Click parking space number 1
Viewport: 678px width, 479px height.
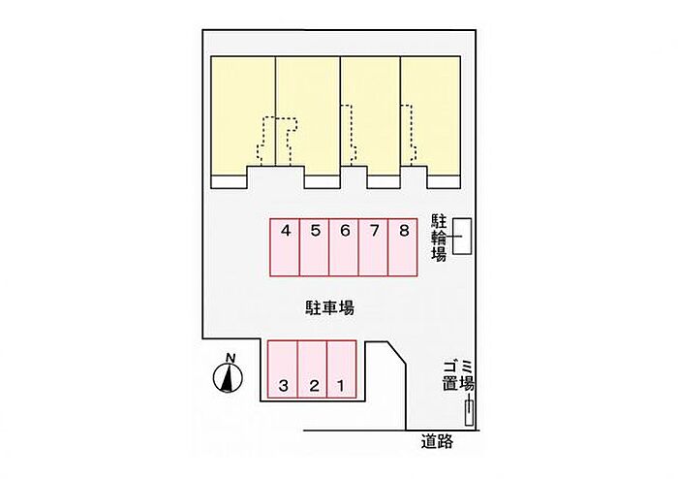coord(342,369)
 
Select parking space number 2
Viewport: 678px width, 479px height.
coord(312,369)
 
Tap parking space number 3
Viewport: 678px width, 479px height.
coord(283,369)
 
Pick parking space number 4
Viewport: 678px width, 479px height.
coord(285,247)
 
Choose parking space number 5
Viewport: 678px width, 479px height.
coord(315,247)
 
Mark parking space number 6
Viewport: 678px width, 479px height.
coord(344,247)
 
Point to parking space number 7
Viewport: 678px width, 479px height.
coord(373,247)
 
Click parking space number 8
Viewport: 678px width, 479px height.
coord(403,247)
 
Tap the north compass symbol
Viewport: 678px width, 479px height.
coord(228,378)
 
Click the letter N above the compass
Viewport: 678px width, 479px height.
coord(231,358)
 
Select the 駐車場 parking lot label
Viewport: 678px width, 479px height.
coord(329,307)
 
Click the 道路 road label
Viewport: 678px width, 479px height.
coord(437,441)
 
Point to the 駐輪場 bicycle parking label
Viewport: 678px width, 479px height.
coord(439,238)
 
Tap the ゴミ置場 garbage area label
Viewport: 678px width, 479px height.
coord(458,376)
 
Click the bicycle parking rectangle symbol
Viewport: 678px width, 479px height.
coord(462,237)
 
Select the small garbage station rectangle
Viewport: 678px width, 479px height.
coord(469,413)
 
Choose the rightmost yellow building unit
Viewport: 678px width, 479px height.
coord(431,116)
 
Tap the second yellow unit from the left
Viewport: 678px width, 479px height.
coord(308,116)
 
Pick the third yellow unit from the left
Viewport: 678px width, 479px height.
coord(371,116)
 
